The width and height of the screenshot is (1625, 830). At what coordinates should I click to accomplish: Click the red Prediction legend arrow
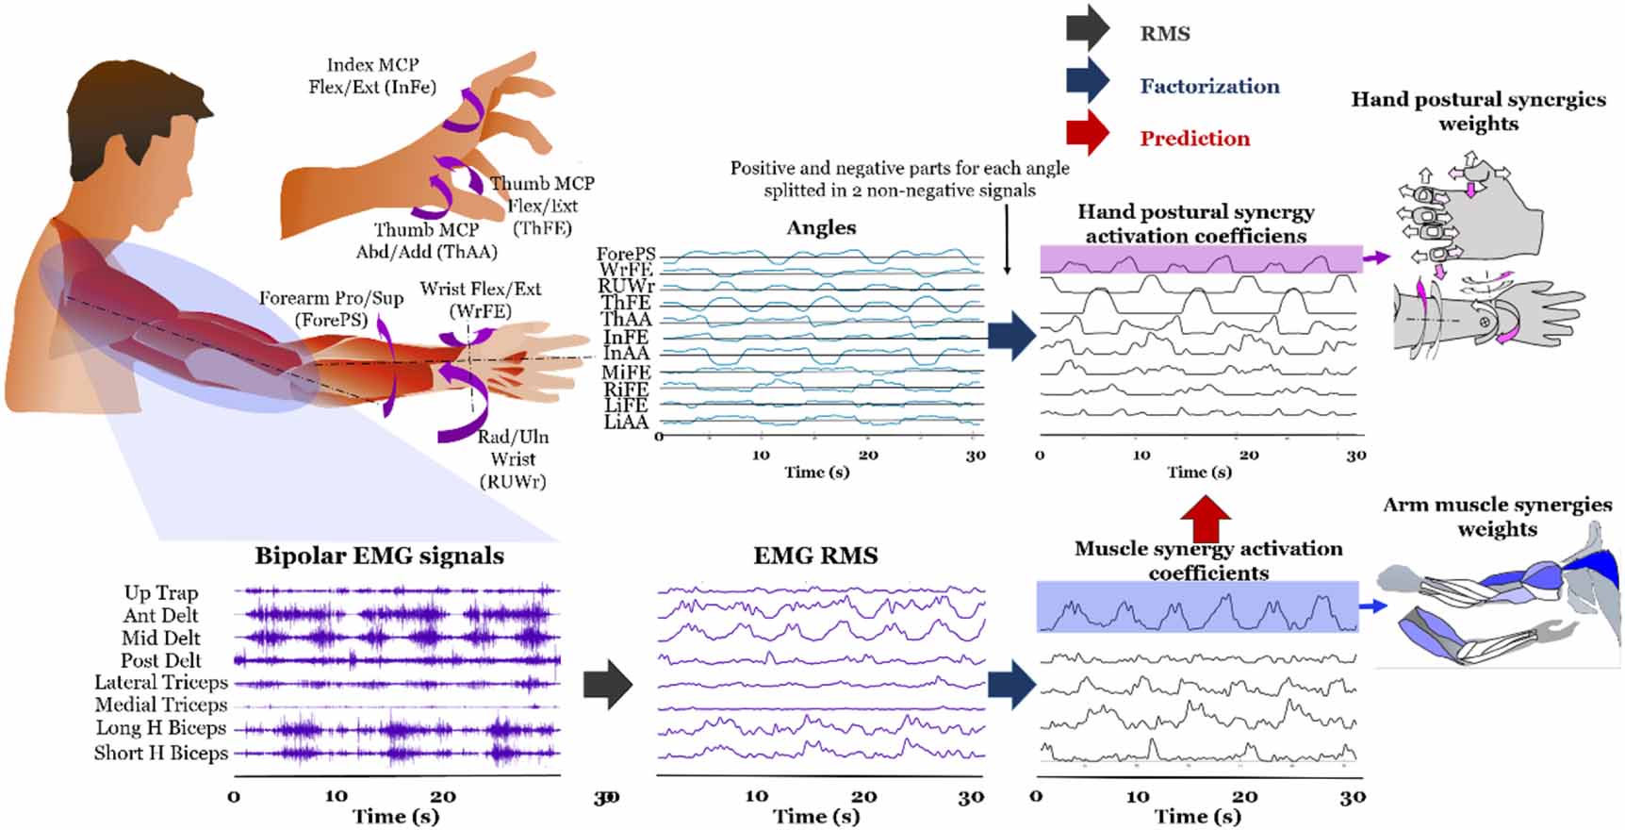coord(1087,135)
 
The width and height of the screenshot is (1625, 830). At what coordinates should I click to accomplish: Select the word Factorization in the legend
coord(1209,86)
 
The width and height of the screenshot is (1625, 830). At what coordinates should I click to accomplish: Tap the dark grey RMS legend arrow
coord(1087,28)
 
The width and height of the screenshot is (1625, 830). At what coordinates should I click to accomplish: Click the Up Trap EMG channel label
coord(161,592)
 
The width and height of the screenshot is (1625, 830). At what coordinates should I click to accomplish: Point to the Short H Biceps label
coord(161,753)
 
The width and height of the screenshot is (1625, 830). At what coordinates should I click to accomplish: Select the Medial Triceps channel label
coord(161,705)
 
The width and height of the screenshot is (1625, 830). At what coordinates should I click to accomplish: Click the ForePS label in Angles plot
coord(626,254)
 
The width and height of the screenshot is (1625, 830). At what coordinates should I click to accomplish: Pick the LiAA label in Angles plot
coord(626,423)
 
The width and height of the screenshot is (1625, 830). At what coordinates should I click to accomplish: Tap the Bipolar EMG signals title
coord(379,556)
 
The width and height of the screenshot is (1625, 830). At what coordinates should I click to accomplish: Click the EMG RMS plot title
coord(815,556)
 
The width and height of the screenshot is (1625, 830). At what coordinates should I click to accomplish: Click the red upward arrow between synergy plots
coord(1206,518)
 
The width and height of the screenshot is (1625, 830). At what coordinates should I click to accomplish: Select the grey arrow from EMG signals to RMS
coord(607,684)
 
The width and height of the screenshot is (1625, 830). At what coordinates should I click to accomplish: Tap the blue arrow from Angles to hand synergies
coord(1012,336)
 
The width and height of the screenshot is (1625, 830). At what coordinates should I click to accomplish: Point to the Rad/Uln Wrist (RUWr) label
coord(513,458)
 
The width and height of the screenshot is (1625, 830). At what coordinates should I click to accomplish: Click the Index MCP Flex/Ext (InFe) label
coord(372,75)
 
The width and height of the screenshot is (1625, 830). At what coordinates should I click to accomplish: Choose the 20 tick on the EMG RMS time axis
coord(863,797)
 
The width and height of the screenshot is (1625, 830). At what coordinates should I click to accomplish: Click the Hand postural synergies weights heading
coord(1478,111)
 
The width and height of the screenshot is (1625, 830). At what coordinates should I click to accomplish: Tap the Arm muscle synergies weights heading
coord(1497,516)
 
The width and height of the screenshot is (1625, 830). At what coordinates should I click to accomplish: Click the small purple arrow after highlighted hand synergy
coord(1377,257)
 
